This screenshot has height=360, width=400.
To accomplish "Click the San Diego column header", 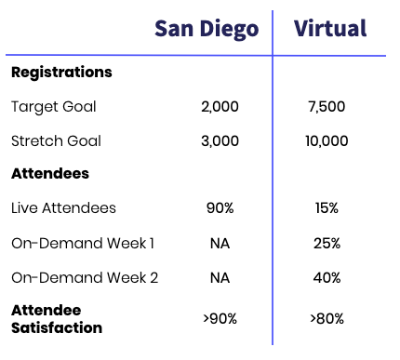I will (206, 29).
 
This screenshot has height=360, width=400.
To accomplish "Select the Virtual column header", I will (330, 29).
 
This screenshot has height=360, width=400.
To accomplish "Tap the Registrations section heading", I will (61, 73).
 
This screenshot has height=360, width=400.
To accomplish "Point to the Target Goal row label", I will (54, 107).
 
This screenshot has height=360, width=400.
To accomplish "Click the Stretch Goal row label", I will (56, 141).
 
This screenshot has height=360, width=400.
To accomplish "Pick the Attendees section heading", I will (50, 174).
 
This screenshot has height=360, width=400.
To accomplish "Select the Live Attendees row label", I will (64, 208).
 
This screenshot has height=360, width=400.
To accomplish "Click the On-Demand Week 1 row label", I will (83, 244).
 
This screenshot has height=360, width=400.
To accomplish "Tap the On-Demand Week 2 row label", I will (84, 278).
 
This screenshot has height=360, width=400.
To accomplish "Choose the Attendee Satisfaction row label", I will (57, 318).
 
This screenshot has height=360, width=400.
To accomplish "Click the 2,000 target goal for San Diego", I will (220, 107).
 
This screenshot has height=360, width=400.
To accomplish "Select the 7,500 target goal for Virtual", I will (326, 107).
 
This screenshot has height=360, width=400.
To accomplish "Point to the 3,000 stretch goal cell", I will (220, 141).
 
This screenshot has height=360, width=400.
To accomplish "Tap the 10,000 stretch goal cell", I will (326, 141).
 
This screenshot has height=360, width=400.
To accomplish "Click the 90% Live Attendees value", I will (220, 208).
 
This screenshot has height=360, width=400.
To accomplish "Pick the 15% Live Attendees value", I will (327, 208).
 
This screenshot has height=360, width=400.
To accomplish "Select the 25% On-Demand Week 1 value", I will (327, 244).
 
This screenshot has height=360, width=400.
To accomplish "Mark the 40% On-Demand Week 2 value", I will (327, 278).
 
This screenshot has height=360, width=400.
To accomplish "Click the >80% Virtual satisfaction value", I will (326, 318).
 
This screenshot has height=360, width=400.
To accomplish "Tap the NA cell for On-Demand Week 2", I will (220, 278).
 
